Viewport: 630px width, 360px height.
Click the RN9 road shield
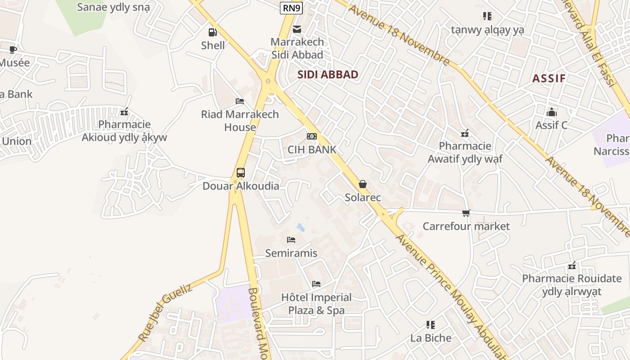[291, 8]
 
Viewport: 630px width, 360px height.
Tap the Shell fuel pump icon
[212, 32]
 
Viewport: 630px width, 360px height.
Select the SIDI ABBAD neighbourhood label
[328, 75]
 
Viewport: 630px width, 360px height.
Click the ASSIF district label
[549, 79]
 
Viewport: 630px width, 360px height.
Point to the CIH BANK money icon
[311, 136]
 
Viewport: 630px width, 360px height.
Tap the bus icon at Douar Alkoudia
[240, 173]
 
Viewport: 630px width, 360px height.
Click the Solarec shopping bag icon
[363, 184]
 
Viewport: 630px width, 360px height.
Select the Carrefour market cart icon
[466, 213]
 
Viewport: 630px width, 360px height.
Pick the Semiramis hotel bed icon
[291, 240]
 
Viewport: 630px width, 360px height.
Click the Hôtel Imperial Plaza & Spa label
[316, 304]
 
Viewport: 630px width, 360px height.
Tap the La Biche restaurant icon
[431, 324]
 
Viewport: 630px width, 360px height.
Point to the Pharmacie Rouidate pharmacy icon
[571, 265]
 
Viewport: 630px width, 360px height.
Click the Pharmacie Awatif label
[465, 153]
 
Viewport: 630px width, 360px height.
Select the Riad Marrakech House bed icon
[240, 101]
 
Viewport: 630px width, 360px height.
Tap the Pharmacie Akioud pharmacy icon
[124, 111]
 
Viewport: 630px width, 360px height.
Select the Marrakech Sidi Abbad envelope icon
[297, 29]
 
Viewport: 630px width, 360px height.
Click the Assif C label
[551, 125]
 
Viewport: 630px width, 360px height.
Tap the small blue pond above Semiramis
[300, 227]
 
